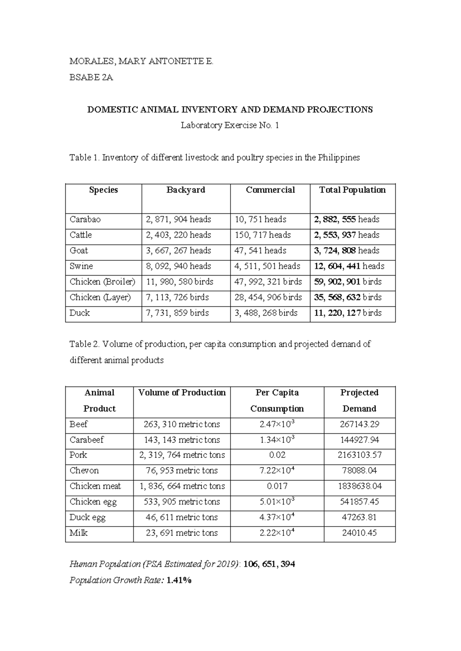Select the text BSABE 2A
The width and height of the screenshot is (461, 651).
coord(91,78)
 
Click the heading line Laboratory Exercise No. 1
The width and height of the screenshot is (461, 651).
coord(230,126)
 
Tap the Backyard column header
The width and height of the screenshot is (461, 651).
coord(186,190)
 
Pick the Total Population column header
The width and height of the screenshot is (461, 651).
coord(352,190)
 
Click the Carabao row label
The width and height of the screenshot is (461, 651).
coord(85,220)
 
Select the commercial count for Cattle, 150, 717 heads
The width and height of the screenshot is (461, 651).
coord(263,235)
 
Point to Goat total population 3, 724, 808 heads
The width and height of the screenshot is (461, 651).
coord(347,251)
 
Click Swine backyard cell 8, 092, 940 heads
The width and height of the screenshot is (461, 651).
coord(179,266)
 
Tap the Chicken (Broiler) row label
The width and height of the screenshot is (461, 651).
coord(102,282)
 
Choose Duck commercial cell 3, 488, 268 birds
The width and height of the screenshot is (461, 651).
coord(266,313)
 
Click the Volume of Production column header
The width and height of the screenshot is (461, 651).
coord(182,393)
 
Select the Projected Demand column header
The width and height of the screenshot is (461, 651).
coord(359,400)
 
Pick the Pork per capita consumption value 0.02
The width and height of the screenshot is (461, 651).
coord(277,455)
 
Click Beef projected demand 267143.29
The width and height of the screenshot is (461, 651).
coord(359,424)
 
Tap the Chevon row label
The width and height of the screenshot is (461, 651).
coord(84,471)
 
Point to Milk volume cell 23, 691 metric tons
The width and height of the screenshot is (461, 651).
coord(182,533)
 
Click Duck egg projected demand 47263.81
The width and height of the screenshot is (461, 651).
coord(359,517)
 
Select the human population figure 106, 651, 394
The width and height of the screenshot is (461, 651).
coord(269,564)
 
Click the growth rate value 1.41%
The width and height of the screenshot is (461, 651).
coord(179,580)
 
